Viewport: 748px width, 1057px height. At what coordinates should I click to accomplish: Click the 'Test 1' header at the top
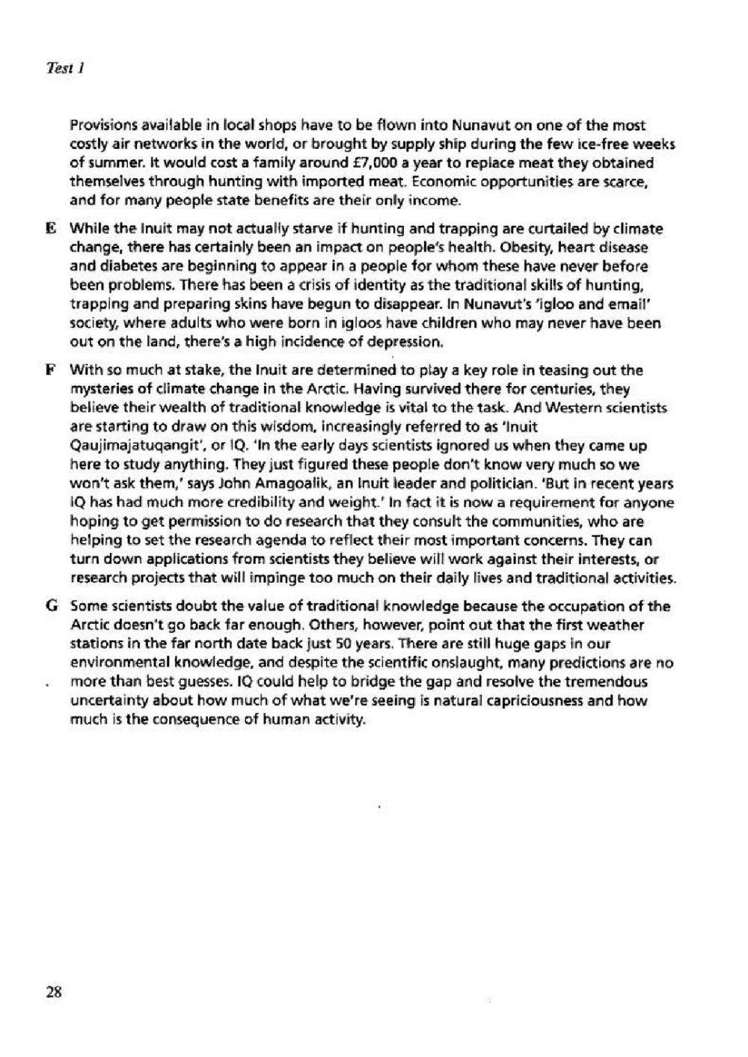pos(64,68)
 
